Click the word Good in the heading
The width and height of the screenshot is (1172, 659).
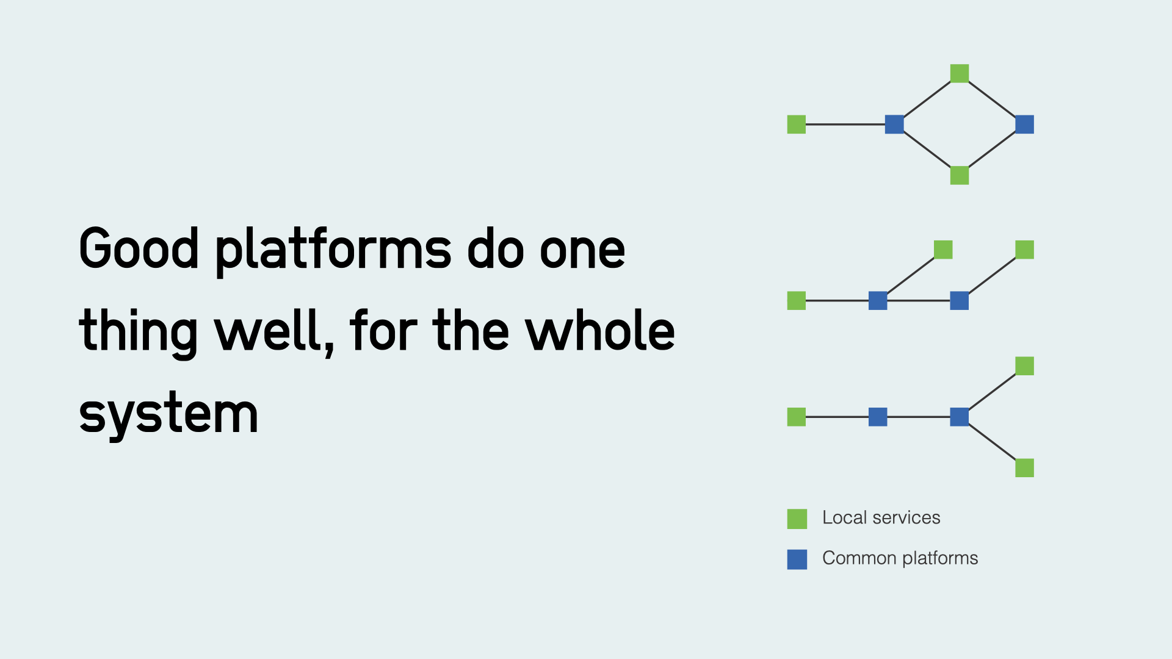tap(139, 248)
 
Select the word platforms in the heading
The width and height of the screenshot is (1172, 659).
tap(333, 250)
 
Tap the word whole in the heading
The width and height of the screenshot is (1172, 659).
tap(600, 331)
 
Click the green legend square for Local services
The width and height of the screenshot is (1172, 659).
tap(797, 519)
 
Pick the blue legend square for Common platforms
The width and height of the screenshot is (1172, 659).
tap(797, 559)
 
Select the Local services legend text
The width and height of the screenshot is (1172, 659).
tap(881, 517)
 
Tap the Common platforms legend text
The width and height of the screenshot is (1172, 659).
tap(900, 558)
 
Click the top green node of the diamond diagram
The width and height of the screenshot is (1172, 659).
tap(959, 73)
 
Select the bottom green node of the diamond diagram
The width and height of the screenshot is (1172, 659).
tap(959, 175)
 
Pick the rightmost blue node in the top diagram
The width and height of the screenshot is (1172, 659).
tap(1024, 124)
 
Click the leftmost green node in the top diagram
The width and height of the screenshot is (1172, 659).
tap(796, 124)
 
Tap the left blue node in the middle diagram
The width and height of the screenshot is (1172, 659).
tap(877, 300)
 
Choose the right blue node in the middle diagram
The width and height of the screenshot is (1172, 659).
tap(959, 300)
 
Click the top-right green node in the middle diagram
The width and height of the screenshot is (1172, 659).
tap(1024, 250)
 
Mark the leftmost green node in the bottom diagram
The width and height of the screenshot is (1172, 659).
tap(796, 417)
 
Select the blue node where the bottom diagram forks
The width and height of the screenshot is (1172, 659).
tap(959, 417)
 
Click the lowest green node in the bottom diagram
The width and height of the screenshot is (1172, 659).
tap(1024, 468)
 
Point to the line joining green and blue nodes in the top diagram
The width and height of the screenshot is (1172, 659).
tap(845, 124)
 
